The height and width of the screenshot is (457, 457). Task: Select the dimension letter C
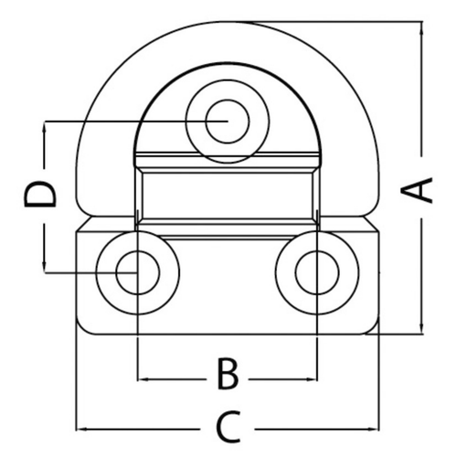coord(228,426)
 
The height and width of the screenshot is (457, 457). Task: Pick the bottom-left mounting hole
coord(136,271)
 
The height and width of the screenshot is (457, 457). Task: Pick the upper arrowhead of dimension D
coord(43,126)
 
